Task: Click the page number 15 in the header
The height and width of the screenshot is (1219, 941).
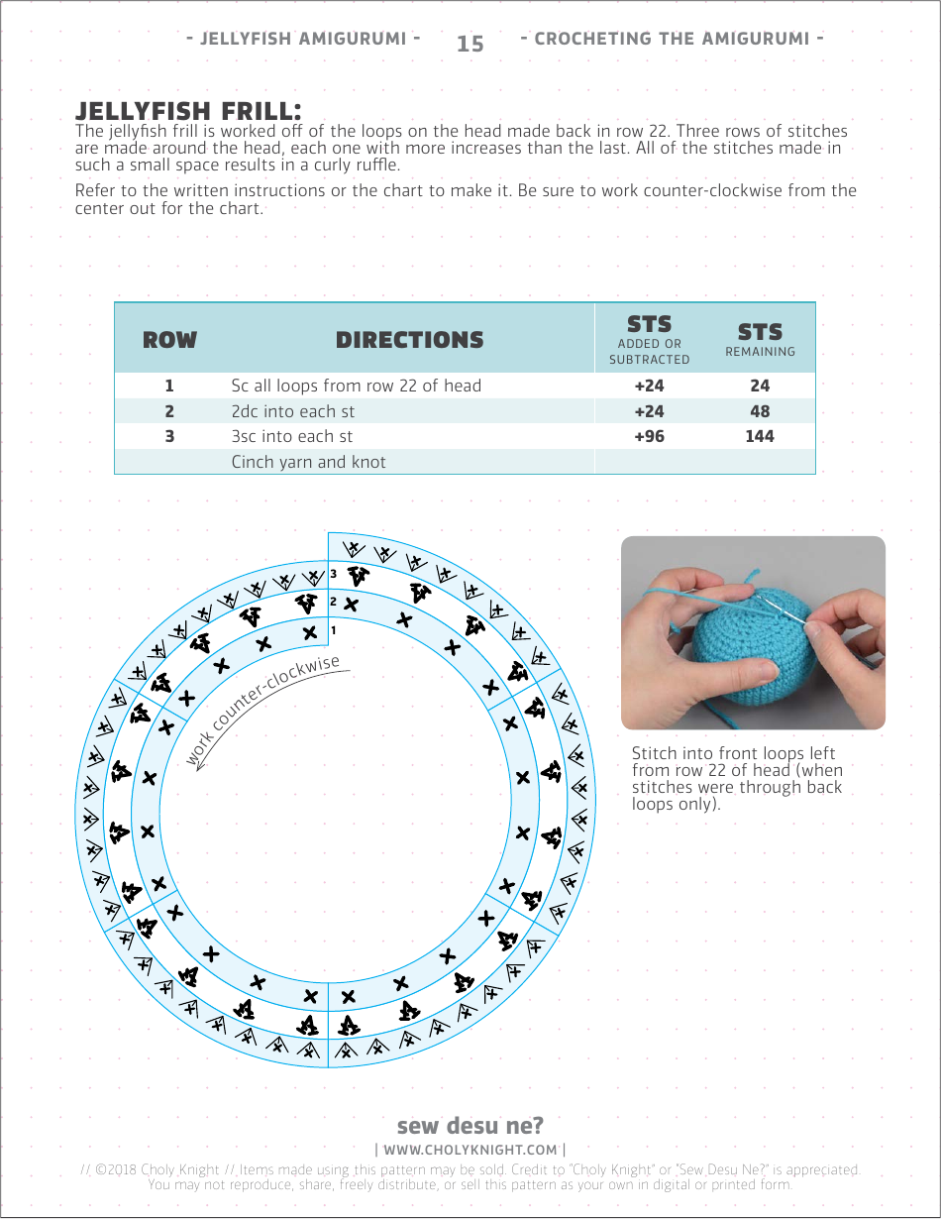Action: [x=470, y=44]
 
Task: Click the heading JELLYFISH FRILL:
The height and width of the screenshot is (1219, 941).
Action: [x=188, y=109]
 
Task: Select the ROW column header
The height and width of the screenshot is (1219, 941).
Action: [x=169, y=340]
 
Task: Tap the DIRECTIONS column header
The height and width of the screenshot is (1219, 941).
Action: [x=409, y=340]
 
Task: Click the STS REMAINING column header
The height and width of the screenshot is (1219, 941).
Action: [x=760, y=338]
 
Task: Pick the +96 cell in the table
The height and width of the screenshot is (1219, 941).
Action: [x=649, y=436]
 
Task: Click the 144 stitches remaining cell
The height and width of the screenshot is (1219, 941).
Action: [x=760, y=436]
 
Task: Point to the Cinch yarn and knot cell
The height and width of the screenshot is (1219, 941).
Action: [x=308, y=462]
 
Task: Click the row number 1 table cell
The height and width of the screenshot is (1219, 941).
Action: [x=169, y=387]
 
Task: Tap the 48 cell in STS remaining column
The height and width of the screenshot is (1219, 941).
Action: [x=760, y=411]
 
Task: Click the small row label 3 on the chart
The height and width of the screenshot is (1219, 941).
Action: [x=334, y=574]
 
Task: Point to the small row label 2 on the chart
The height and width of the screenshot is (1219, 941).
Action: [x=334, y=602]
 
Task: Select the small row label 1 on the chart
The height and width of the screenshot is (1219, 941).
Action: [x=334, y=629]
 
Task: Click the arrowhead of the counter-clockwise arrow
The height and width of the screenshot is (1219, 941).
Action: [x=200, y=765]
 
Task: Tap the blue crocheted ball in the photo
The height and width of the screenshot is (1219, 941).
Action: [x=738, y=654]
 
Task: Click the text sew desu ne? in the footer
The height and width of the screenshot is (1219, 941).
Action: [x=470, y=1126]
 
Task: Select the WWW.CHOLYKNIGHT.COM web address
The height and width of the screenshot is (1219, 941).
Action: [x=470, y=1150]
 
